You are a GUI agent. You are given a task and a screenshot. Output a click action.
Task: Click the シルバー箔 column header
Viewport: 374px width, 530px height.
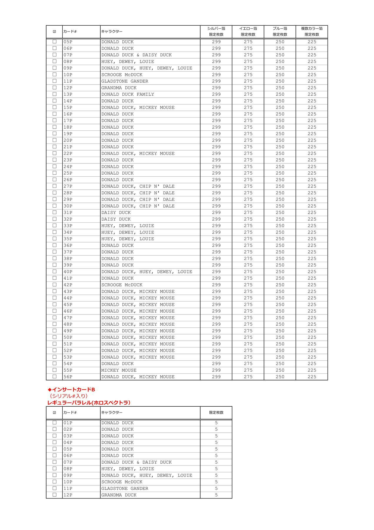coord(216,29)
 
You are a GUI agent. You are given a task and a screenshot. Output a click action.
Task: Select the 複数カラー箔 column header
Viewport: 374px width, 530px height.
coord(312,29)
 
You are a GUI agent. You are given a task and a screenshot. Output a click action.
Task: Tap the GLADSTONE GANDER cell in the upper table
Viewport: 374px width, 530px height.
coord(125,81)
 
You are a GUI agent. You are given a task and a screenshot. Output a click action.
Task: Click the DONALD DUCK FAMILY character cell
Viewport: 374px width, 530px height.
coord(128,94)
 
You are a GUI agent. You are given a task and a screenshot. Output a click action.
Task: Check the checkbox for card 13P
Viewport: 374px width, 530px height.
coord(54,94)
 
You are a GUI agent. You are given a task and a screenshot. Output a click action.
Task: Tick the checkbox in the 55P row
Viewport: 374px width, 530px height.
coord(54,370)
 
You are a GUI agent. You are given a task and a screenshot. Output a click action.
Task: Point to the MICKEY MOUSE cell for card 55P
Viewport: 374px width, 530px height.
coord(119,370)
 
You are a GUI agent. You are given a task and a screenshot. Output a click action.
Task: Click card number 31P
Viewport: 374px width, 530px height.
coord(68,213)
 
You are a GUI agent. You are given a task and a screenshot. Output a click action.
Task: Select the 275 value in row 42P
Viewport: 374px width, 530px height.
coord(248,285)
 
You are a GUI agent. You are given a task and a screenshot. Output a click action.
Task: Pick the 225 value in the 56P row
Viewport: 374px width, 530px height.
coord(312,377)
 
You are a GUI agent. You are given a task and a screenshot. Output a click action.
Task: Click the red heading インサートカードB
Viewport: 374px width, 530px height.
coord(71,390)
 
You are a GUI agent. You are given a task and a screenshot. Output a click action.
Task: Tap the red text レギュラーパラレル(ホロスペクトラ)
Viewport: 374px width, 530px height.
coord(89,403)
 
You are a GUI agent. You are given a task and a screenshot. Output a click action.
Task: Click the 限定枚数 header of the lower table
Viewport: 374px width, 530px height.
coord(216,413)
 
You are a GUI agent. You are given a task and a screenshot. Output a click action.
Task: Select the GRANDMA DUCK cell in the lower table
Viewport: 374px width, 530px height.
coord(119,495)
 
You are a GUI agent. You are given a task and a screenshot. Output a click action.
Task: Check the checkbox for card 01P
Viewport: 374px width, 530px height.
coord(54,423)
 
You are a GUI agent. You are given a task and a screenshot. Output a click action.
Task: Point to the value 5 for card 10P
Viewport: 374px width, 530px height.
coord(216,482)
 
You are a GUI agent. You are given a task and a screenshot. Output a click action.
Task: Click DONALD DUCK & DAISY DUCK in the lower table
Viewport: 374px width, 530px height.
coord(136,462)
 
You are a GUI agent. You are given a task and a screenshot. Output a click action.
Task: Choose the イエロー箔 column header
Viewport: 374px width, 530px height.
coord(248,29)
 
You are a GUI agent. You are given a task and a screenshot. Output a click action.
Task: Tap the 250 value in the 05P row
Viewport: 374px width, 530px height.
coord(280,42)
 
